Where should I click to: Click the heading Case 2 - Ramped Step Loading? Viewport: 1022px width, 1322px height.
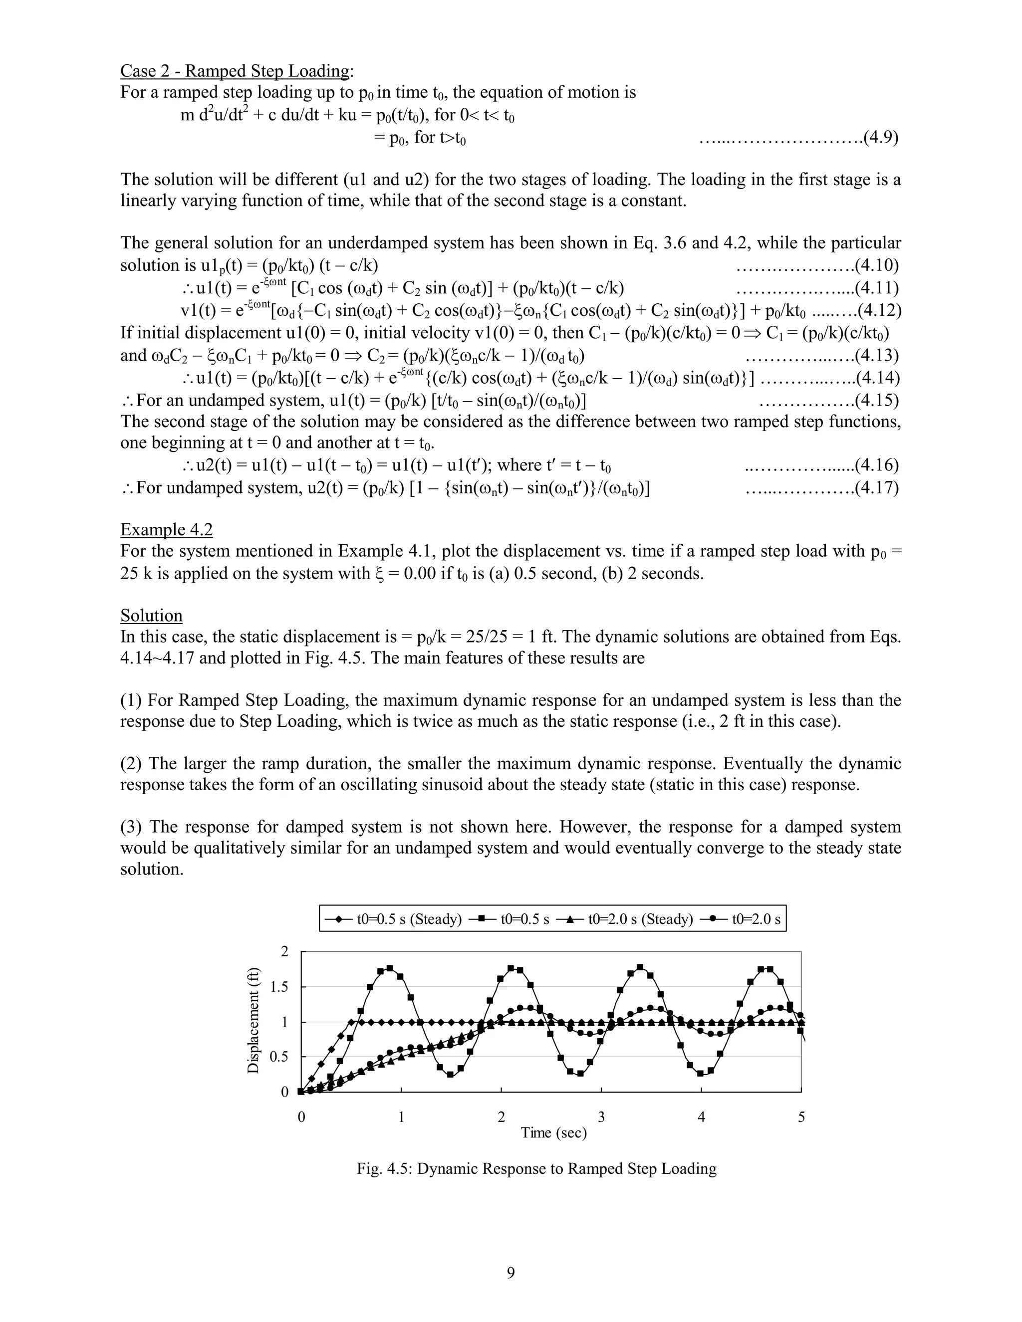[x=235, y=71]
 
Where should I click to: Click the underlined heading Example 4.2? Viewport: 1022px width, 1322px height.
[x=167, y=530]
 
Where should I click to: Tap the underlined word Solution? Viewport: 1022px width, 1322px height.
[x=151, y=616]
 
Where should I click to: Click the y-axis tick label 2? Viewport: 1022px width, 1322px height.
[x=284, y=951]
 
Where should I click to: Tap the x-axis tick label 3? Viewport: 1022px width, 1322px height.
[x=601, y=1117]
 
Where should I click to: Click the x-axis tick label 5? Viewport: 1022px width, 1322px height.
[x=801, y=1117]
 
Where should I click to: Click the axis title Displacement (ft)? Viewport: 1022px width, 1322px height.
[x=253, y=1021]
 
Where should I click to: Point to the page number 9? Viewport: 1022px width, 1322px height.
[x=511, y=1273]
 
